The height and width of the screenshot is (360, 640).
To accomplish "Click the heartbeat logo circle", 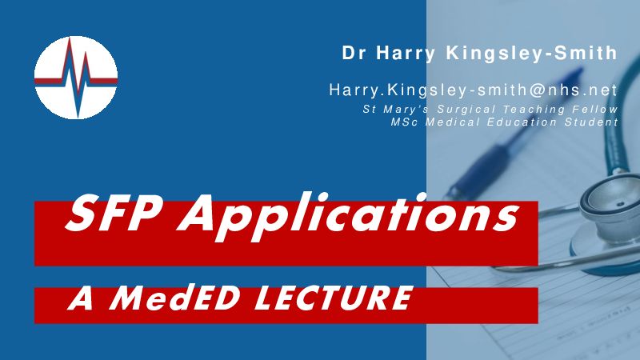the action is click(76, 78).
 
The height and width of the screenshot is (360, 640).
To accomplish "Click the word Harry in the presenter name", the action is click(406, 54).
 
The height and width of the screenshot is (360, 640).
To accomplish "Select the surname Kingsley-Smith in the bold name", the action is click(531, 54).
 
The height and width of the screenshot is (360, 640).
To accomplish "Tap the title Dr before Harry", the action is click(354, 53).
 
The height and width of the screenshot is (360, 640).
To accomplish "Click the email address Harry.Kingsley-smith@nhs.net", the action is click(474, 90).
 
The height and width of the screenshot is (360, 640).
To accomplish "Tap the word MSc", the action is click(404, 122).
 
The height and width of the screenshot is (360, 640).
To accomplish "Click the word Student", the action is click(591, 122).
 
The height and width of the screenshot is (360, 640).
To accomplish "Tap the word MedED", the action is click(174, 298).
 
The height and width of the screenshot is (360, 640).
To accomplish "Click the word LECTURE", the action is click(333, 298).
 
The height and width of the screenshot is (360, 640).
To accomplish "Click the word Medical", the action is click(453, 122).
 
